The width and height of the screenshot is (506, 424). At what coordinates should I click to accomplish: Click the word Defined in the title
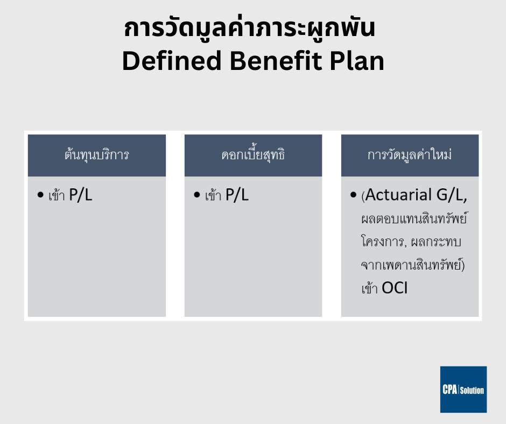tap(172, 61)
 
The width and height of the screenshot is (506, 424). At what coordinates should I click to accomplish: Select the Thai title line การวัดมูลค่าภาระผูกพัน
tap(249, 28)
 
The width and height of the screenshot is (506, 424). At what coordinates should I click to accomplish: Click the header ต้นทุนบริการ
tap(97, 155)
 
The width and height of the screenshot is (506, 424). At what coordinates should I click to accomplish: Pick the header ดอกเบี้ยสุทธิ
tap(253, 155)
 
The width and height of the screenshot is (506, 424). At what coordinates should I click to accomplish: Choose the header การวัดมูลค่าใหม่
tap(410, 154)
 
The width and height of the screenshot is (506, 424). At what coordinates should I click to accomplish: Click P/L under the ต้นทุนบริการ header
tap(81, 195)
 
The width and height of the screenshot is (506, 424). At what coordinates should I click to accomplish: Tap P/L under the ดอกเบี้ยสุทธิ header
tap(237, 195)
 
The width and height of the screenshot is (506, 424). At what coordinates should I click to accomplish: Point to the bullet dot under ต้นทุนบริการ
tap(40, 195)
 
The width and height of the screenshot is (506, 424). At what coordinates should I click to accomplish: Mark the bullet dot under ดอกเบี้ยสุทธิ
tap(197, 195)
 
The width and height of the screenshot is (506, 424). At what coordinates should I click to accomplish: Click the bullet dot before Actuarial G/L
tap(353, 195)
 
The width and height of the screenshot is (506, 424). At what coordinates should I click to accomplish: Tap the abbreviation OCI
tap(395, 288)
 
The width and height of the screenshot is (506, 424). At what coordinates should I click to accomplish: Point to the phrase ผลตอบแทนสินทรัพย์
tap(414, 218)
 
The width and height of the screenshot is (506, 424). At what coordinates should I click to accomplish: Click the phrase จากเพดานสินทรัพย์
tap(411, 265)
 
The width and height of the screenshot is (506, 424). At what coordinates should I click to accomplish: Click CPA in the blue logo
tap(450, 390)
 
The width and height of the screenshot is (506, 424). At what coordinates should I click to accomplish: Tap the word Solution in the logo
tap(472, 391)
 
